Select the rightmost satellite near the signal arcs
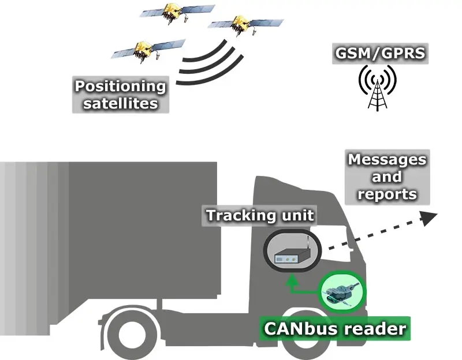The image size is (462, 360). point(236,25)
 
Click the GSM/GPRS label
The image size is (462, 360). point(379,54)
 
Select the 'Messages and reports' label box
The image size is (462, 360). point(386,177)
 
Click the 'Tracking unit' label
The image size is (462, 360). point(260,216)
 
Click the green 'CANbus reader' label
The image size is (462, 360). point(334,329)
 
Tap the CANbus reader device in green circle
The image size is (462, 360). point(342,292)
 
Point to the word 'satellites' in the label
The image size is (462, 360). point(120,104)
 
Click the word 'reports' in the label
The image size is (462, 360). point(386,194)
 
